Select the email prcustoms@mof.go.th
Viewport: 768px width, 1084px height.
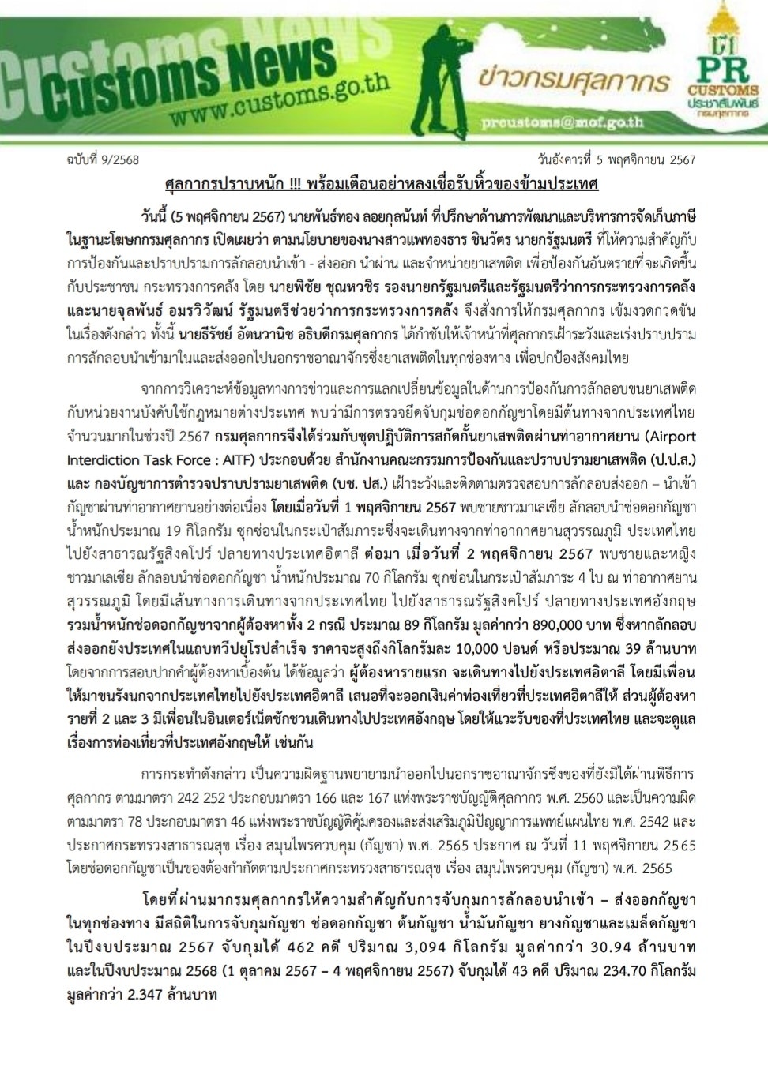(562, 123)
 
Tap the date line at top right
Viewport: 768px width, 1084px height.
(616, 159)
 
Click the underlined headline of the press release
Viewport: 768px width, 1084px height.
(382, 185)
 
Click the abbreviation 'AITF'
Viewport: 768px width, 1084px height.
(237, 460)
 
